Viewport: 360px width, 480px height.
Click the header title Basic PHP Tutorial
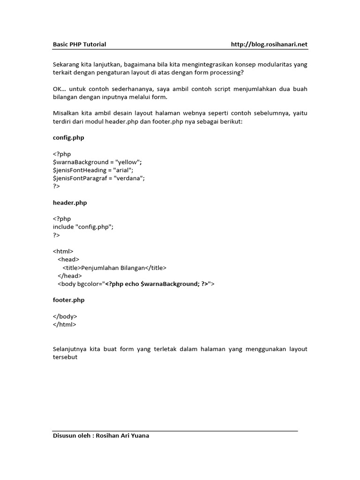[x=79, y=45]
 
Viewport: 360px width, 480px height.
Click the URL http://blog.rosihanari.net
[x=269, y=45]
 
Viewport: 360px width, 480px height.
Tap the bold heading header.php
[x=70, y=203]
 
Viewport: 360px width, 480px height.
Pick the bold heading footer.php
[x=69, y=300]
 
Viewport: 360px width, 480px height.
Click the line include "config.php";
[x=83, y=227]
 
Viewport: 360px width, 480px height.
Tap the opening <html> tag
[x=63, y=251]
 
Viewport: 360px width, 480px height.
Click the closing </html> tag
[x=64, y=324]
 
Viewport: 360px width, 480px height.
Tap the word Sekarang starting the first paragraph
[x=66, y=65]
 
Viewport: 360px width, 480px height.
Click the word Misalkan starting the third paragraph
[x=66, y=113]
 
